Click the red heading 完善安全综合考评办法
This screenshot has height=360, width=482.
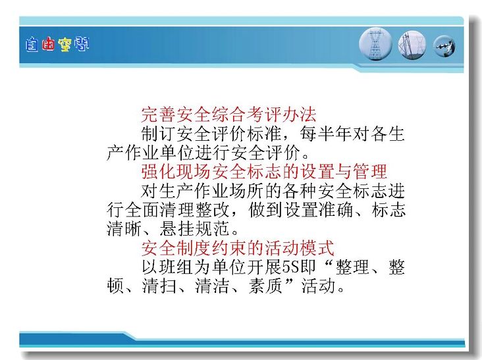(x=228, y=115)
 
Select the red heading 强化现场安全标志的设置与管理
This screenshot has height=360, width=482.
(x=264, y=172)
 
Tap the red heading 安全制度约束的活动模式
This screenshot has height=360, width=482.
(x=238, y=248)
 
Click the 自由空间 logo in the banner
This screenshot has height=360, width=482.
(x=57, y=45)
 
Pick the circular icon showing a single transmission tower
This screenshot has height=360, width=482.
(x=375, y=44)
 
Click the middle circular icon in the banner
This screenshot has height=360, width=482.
(x=412, y=45)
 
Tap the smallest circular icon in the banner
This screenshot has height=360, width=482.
(x=444, y=46)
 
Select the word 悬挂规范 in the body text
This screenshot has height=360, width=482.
(x=194, y=229)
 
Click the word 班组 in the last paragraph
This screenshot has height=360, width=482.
(x=176, y=267)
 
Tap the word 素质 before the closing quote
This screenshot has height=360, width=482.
(x=265, y=286)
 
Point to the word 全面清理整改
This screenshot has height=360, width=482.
(x=176, y=210)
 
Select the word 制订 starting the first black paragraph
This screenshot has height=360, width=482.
(x=159, y=134)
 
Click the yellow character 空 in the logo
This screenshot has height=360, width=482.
(x=65, y=45)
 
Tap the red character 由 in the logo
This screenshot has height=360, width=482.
(x=48, y=45)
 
